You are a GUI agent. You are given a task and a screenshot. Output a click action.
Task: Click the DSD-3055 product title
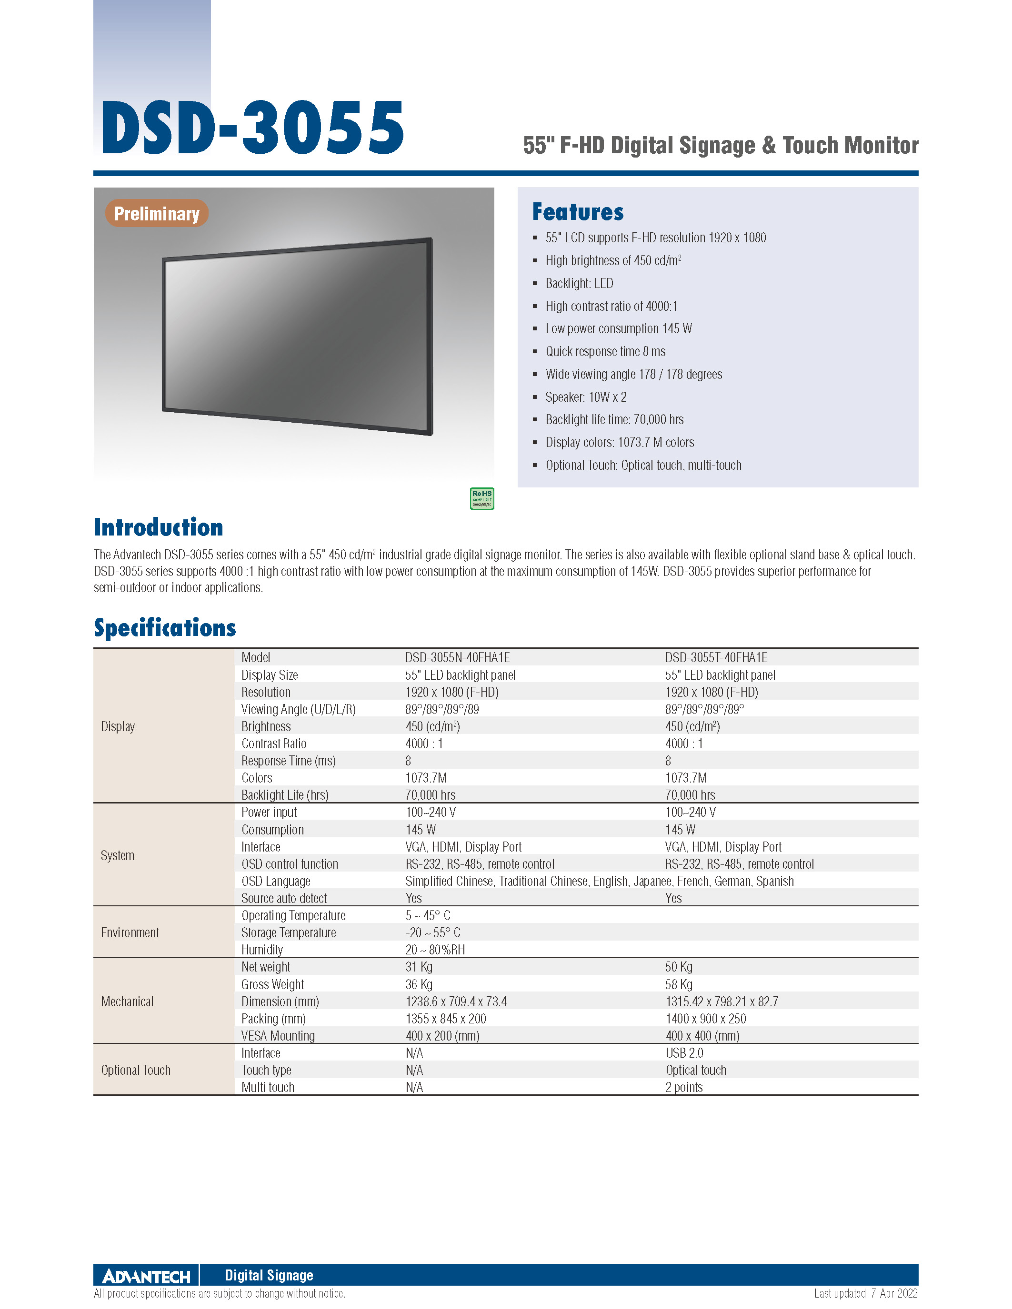click(x=252, y=128)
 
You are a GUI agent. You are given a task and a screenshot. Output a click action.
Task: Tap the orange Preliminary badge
click(x=157, y=213)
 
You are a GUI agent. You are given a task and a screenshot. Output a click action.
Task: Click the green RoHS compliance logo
click(x=481, y=498)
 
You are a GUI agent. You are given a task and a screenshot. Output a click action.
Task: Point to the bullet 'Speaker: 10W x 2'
click(x=586, y=397)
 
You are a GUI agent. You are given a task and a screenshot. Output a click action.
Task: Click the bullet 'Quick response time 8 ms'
click(x=605, y=351)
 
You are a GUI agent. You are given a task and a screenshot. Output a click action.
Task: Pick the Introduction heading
click(x=158, y=527)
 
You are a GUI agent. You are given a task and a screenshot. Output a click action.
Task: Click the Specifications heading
click(x=165, y=627)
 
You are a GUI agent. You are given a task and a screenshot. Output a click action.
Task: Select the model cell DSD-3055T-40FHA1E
click(x=716, y=657)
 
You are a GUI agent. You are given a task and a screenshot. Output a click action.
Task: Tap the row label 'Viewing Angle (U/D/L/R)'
click(x=299, y=709)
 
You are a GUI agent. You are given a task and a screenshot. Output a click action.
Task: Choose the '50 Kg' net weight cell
click(x=679, y=967)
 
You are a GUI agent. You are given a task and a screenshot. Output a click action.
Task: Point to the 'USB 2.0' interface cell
click(x=684, y=1053)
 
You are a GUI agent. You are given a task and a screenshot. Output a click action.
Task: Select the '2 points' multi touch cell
click(x=683, y=1087)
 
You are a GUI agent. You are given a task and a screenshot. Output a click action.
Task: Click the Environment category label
click(x=130, y=932)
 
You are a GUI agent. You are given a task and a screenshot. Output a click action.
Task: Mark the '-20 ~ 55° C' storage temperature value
click(x=433, y=932)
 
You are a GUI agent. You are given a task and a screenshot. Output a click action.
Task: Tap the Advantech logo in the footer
click(x=146, y=1276)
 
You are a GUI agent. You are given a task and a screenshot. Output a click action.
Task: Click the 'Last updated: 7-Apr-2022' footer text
click(x=865, y=1293)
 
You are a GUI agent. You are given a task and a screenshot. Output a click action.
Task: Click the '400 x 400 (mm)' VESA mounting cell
click(x=702, y=1036)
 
